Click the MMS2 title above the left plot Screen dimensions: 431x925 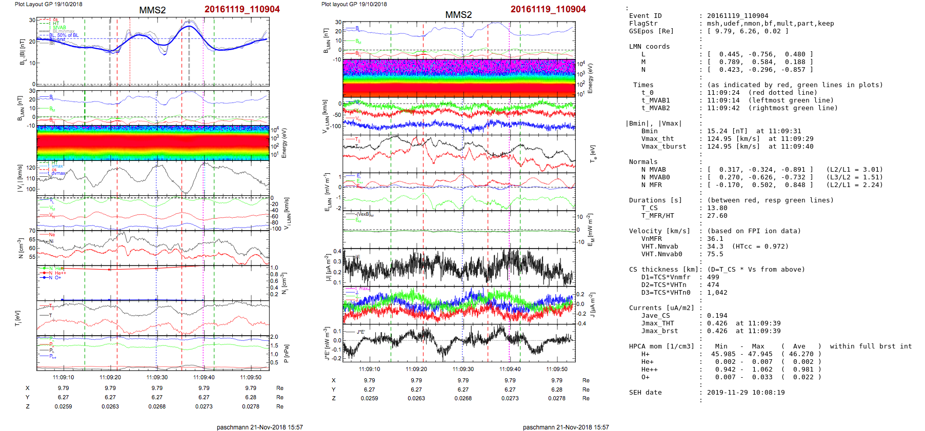[152, 10]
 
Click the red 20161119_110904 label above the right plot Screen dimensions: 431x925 [548, 9]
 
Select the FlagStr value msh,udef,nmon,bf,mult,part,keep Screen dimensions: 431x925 [770, 24]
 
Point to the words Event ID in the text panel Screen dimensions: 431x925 [645, 16]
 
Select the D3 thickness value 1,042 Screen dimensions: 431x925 [717, 293]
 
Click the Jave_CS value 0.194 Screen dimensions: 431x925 [717, 316]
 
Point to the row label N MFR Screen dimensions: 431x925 [651, 185]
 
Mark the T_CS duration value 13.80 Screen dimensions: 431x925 [717, 208]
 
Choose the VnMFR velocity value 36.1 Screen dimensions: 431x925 [715, 239]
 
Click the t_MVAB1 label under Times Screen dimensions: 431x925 [655, 100]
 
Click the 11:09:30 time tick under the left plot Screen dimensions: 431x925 [157, 378]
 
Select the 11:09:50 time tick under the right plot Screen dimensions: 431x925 [557, 369]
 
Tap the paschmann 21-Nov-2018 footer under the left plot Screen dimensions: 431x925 [259, 427]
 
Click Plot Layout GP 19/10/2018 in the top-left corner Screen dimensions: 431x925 [48, 4]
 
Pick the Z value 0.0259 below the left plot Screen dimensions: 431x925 [64, 406]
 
